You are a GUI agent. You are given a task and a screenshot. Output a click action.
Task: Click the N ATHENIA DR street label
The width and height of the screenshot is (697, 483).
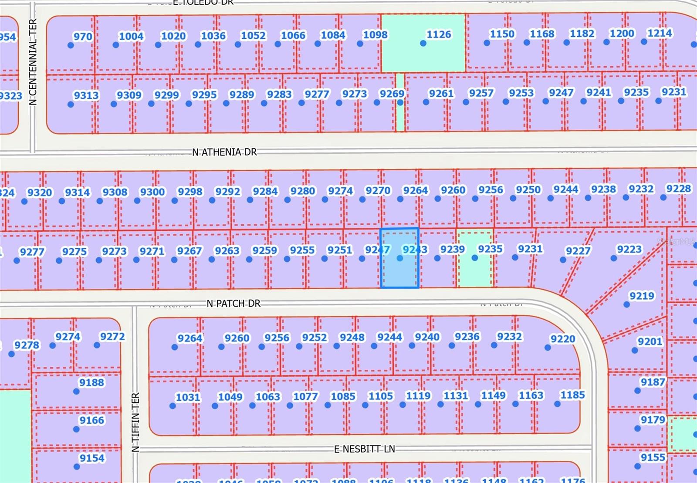coord(224,152)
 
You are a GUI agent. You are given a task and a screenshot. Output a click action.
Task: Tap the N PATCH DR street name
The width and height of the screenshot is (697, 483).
coord(233,304)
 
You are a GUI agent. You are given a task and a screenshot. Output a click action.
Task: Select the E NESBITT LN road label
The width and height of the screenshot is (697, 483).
coord(365,449)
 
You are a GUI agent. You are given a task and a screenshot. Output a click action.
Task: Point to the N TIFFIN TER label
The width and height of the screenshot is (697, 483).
coord(135,422)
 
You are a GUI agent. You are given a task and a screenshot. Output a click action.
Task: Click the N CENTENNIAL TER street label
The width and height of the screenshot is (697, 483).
coord(33,61)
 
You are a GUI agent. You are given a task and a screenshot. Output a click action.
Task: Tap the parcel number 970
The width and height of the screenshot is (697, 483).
coord(83,37)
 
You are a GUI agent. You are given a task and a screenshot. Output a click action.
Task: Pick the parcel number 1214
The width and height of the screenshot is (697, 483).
coord(659,33)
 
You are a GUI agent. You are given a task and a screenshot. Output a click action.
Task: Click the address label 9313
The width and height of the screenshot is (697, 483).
coord(86,95)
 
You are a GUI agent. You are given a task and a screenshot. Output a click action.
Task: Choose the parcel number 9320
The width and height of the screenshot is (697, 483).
coord(40,193)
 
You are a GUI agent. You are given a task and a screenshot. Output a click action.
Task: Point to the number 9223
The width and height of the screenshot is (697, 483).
coord(629,249)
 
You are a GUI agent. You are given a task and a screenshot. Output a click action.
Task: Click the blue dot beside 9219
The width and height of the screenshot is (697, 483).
coord(626,304)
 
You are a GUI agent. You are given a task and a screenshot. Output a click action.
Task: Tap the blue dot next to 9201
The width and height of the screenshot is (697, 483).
coord(635,350)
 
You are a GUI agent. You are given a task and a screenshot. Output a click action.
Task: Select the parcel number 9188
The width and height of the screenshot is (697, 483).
coord(91,382)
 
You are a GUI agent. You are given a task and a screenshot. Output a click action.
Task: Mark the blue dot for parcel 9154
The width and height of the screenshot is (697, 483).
coord(77,467)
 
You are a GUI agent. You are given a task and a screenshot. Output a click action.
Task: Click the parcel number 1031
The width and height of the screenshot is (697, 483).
coord(188,397)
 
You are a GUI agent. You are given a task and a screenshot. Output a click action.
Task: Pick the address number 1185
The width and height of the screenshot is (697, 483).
coord(572,395)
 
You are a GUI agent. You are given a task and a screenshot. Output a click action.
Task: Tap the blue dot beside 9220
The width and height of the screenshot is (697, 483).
coord(548,348)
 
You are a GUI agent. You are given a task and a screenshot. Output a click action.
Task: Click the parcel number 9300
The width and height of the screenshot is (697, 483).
coord(152,192)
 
